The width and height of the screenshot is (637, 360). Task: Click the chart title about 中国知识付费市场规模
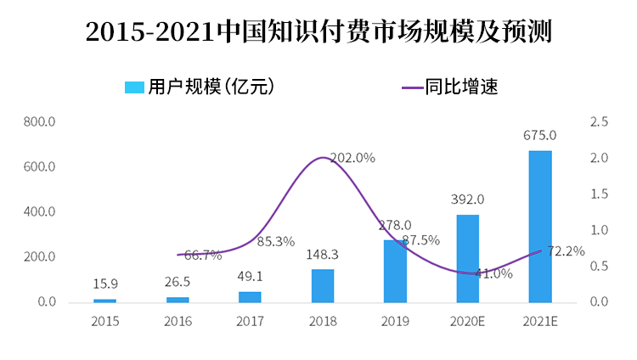click(318, 31)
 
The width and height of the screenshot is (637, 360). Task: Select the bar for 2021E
click(540, 226)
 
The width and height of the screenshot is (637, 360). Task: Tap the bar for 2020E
click(467, 258)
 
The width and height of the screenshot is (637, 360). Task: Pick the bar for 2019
click(395, 271)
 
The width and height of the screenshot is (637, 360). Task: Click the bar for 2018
click(323, 285)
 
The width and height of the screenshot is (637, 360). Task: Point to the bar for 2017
click(250, 296)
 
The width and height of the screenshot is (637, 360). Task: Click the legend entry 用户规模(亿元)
click(199, 87)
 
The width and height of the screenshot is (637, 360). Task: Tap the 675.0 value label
click(540, 135)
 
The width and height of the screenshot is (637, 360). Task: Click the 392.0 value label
click(467, 200)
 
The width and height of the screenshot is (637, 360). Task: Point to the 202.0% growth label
click(352, 158)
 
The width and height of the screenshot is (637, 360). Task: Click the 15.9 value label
click(104, 284)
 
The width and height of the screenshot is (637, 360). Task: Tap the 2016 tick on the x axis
click(178, 322)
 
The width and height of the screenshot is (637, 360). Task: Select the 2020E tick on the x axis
click(467, 322)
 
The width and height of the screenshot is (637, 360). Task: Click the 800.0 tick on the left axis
click(40, 122)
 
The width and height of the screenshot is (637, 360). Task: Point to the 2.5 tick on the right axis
click(598, 122)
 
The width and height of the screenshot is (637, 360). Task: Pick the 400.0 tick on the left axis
click(40, 212)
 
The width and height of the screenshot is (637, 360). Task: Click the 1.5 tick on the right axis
click(598, 194)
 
